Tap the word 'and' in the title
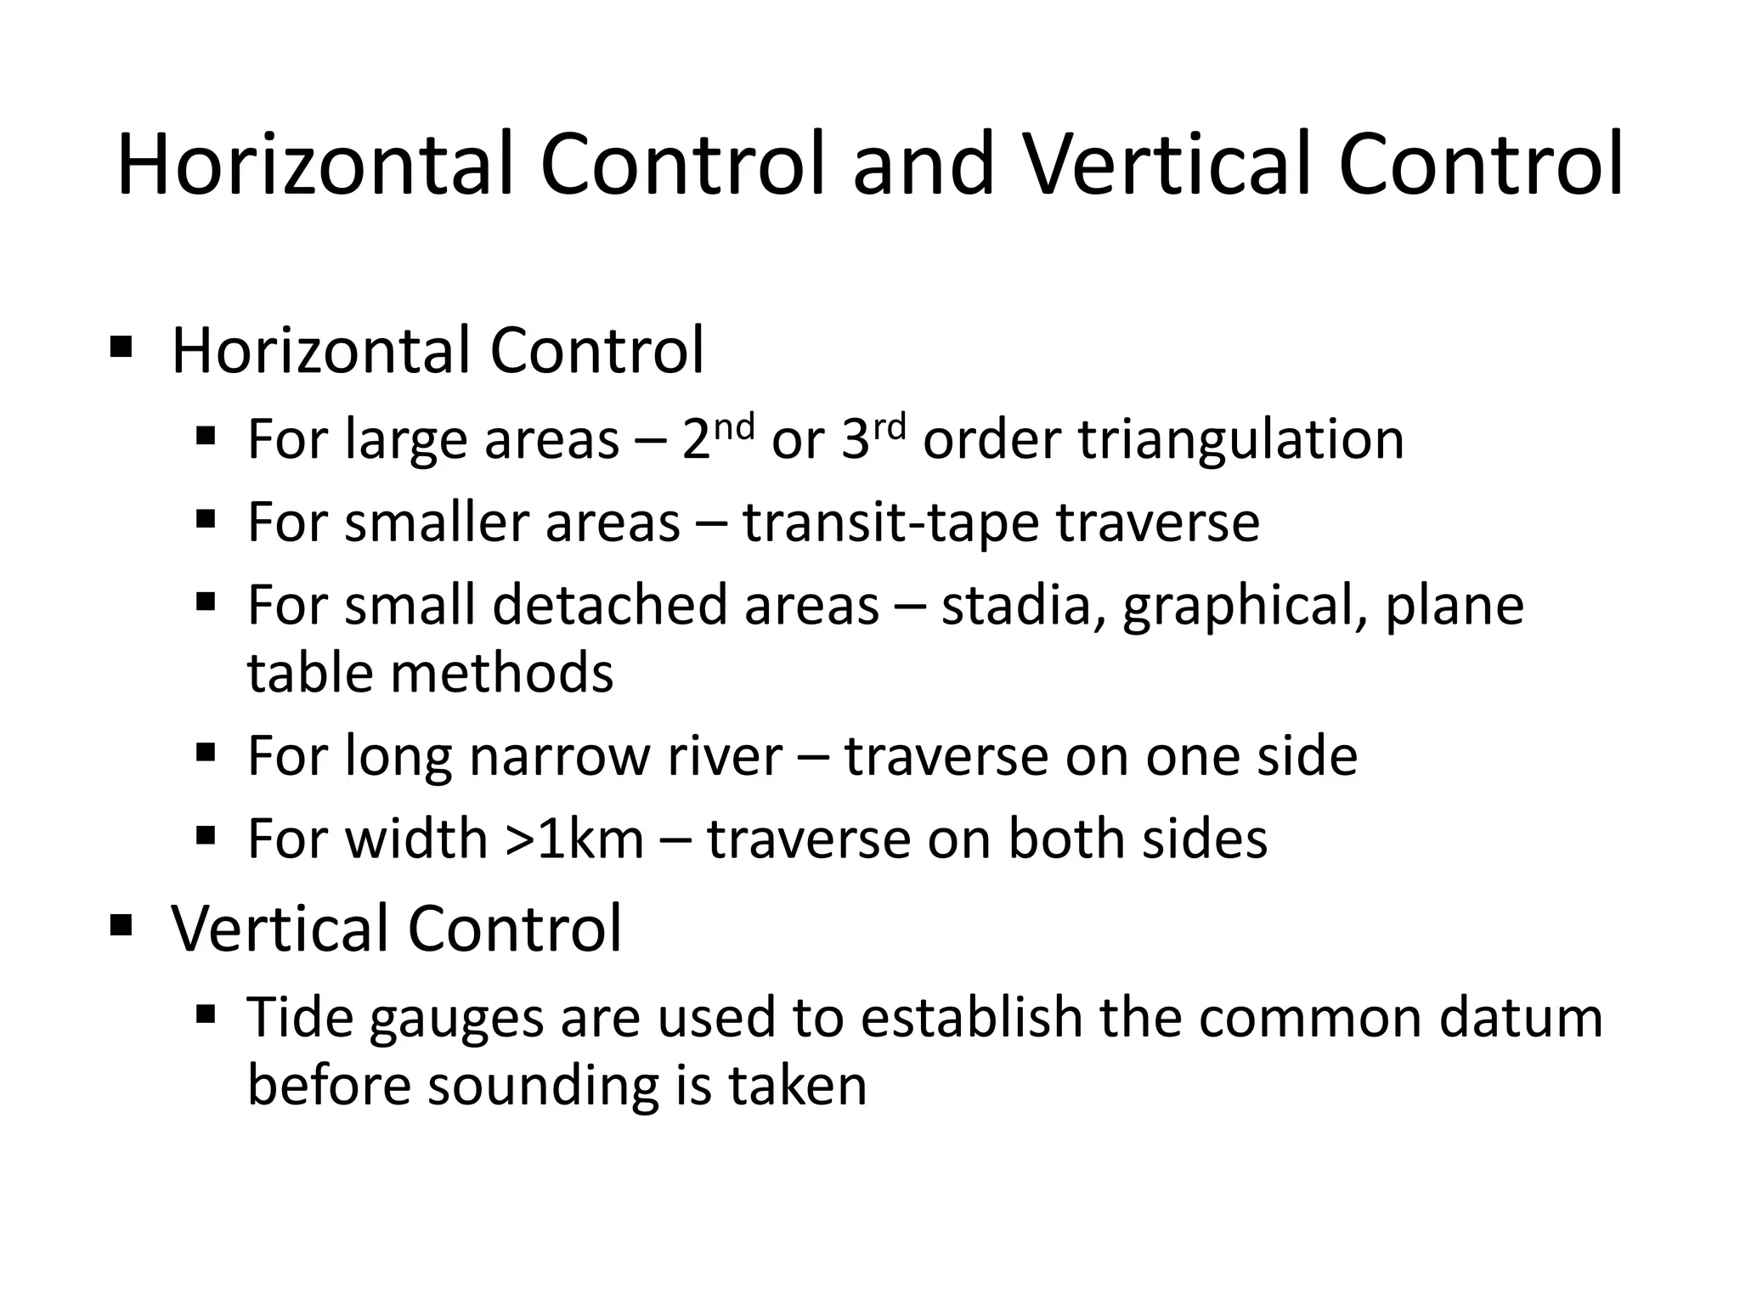click(x=924, y=165)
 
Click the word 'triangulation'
click(x=1241, y=440)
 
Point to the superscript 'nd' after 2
click(x=733, y=427)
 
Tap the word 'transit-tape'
click(x=891, y=523)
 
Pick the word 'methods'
click(x=502, y=673)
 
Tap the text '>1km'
click(x=574, y=839)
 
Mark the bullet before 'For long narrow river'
click(x=206, y=753)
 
